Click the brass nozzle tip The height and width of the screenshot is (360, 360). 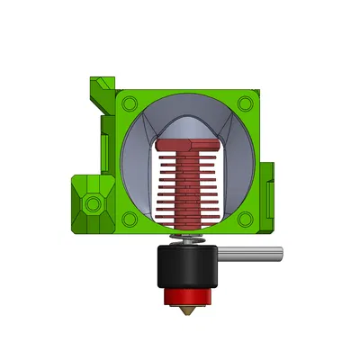[x=187, y=311]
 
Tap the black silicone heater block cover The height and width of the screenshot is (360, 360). [x=187, y=266]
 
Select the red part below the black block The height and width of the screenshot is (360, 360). [x=187, y=298]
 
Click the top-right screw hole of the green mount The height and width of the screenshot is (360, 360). [x=245, y=104]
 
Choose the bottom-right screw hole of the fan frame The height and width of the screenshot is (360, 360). [x=245, y=218]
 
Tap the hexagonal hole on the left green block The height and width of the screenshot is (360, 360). [x=91, y=205]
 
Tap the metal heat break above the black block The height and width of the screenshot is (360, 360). [x=187, y=238]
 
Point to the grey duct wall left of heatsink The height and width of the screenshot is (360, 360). [x=135, y=171]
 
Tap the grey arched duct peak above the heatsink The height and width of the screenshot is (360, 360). [x=187, y=124]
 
